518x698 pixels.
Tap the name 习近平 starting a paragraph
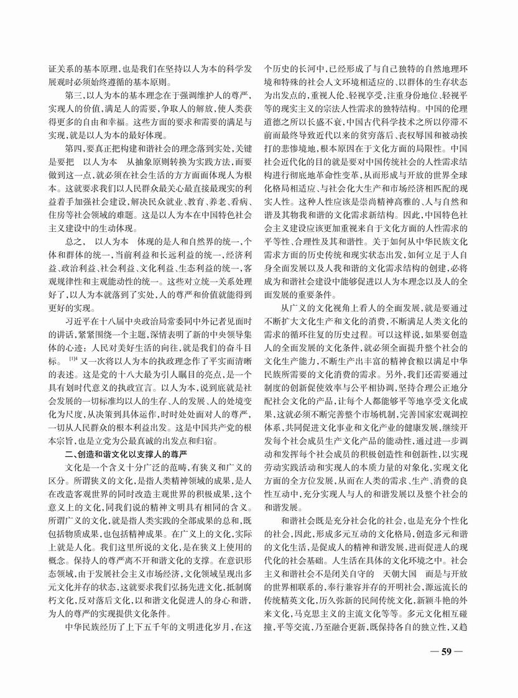pyautogui.click(x=76, y=316)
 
